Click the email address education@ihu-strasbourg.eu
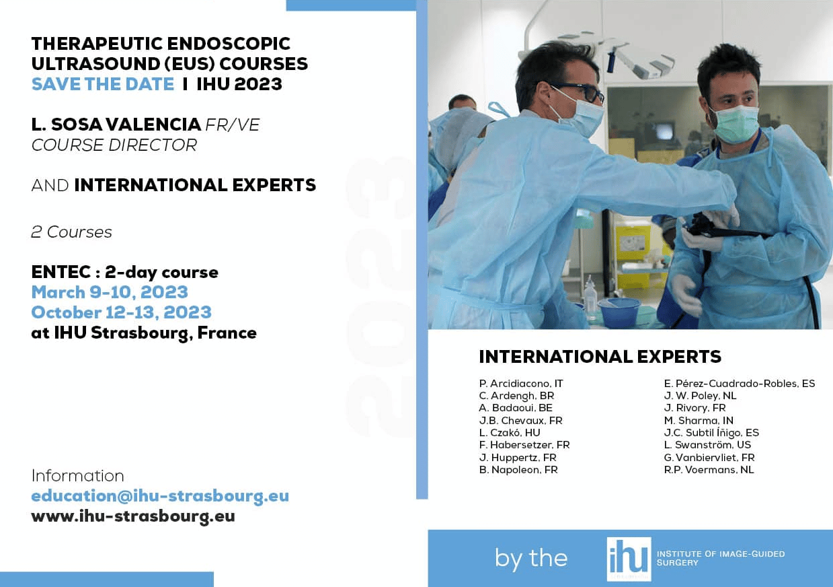coord(160,495)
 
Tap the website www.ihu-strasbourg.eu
coord(133,516)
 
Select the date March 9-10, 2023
coord(110,292)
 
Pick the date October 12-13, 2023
coord(121,312)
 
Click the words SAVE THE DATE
coord(103,84)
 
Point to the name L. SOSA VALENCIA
coord(116,125)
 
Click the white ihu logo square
coord(629,559)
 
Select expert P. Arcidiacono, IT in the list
coord(521,384)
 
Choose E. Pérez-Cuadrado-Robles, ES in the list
coord(740,384)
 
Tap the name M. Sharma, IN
coord(699,421)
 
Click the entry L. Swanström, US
coord(707,445)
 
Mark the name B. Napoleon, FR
coord(518,470)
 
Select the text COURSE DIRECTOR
coord(114,145)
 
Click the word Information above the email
coord(78,476)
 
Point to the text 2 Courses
coord(71,232)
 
